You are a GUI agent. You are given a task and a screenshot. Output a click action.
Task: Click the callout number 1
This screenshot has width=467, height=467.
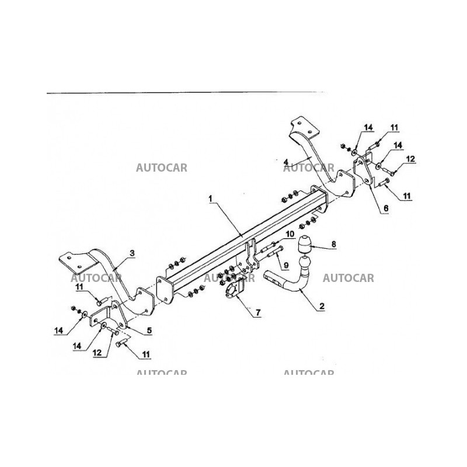(210, 198)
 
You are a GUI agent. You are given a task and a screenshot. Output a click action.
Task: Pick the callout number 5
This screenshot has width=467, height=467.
(149, 330)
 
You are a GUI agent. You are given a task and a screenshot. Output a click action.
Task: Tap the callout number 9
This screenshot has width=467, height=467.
(286, 266)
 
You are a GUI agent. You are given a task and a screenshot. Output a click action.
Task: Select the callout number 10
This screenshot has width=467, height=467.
(290, 235)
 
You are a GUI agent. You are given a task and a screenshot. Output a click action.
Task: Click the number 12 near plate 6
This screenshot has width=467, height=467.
(410, 159)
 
